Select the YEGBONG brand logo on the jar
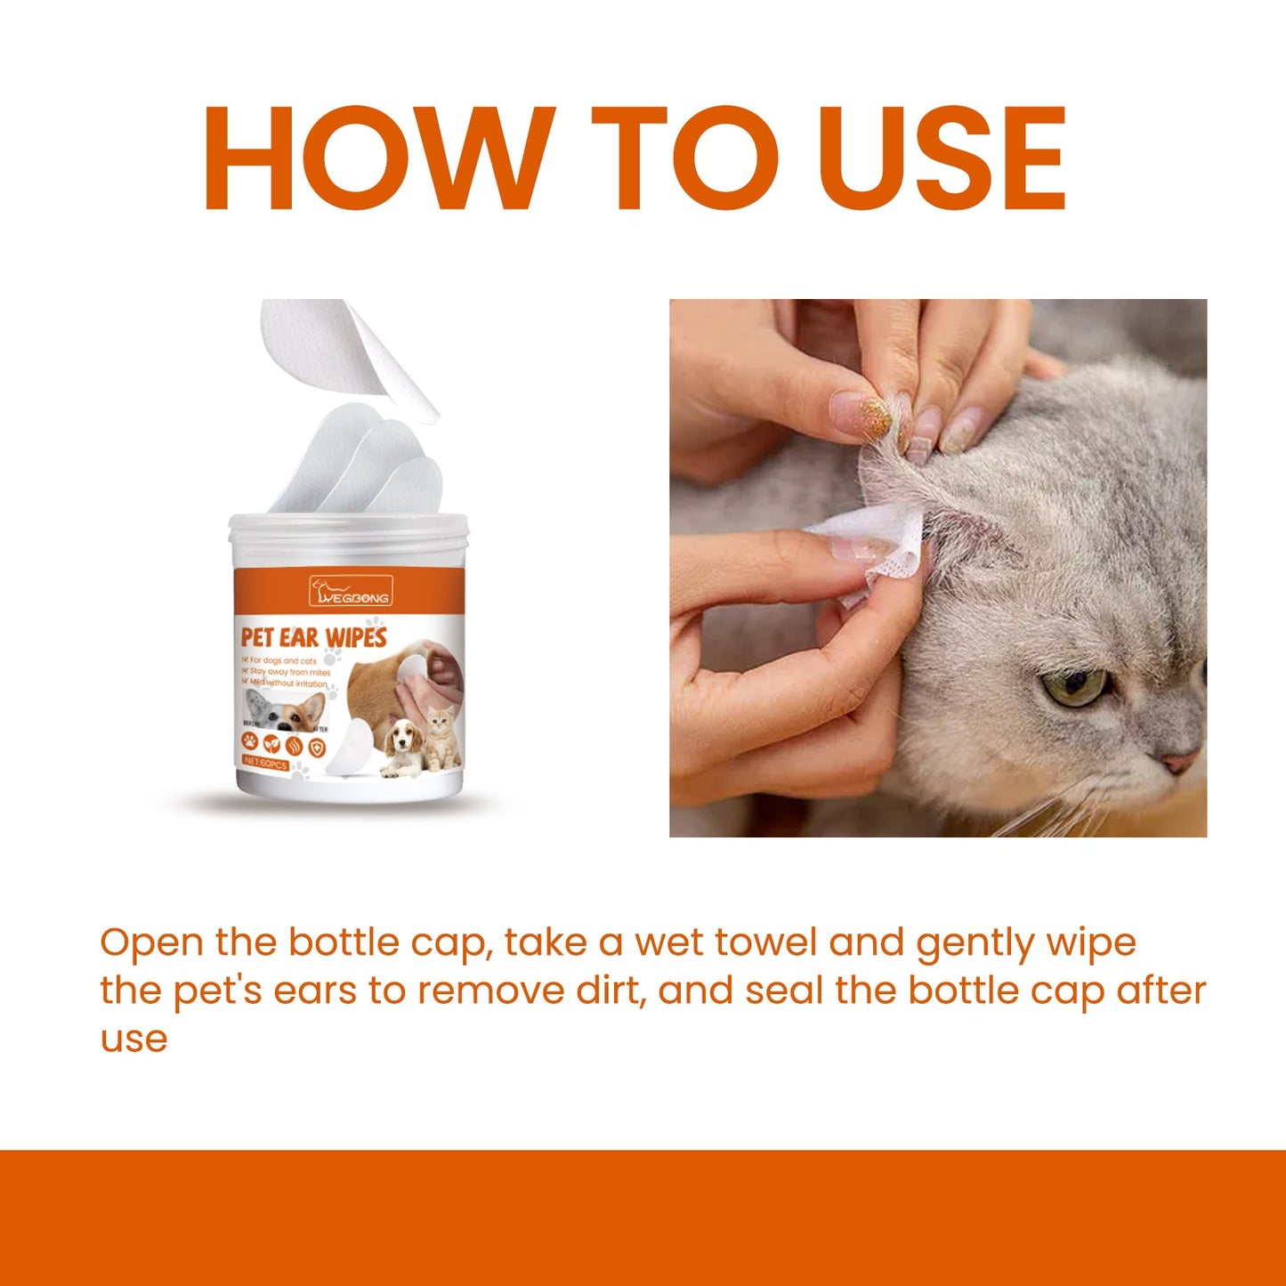(350, 592)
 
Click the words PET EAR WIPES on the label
(313, 637)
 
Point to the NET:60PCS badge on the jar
(265, 764)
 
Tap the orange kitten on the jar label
(441, 739)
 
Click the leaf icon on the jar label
(271, 744)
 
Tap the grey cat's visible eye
(1074, 686)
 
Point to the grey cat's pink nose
(1180, 762)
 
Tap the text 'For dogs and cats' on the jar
(283, 661)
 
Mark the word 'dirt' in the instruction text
(610, 991)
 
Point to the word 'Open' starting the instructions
(151, 943)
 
